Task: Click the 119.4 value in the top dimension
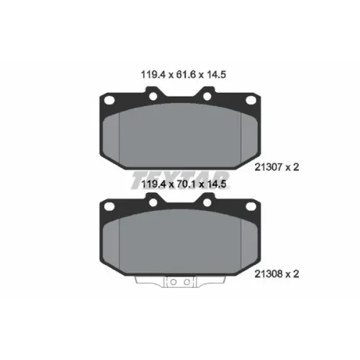tap(153, 75)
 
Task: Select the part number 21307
tap(269, 167)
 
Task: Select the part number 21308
tap(269, 274)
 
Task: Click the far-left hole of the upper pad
tap(109, 100)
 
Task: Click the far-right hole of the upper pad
tap(251, 100)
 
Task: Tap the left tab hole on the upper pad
tap(153, 96)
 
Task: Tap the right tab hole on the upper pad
tap(207, 96)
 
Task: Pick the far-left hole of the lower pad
tap(109, 206)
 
